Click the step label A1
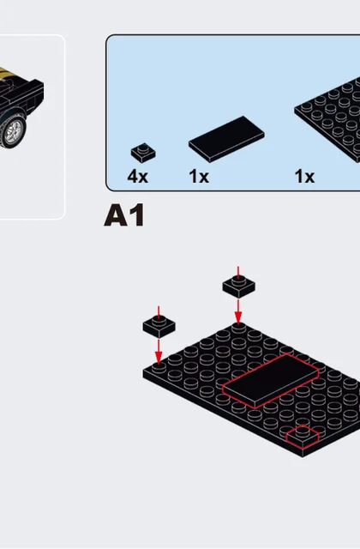click(124, 215)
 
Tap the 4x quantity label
click(137, 176)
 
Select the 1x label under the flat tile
click(199, 176)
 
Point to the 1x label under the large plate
click(304, 176)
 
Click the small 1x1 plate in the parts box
click(143, 153)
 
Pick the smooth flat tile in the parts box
click(226, 139)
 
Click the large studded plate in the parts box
click(327, 119)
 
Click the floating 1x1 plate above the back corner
click(238, 287)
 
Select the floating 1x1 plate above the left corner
click(159, 326)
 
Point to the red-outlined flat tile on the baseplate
click(271, 381)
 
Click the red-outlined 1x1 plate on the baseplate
click(303, 437)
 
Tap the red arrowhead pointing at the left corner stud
click(159, 358)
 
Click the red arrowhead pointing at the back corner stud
click(238, 318)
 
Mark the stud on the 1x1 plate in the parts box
click(143, 148)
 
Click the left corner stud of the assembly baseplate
click(159, 368)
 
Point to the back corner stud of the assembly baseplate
click(238, 328)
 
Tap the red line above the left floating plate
click(159, 312)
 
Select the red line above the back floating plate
click(238, 273)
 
